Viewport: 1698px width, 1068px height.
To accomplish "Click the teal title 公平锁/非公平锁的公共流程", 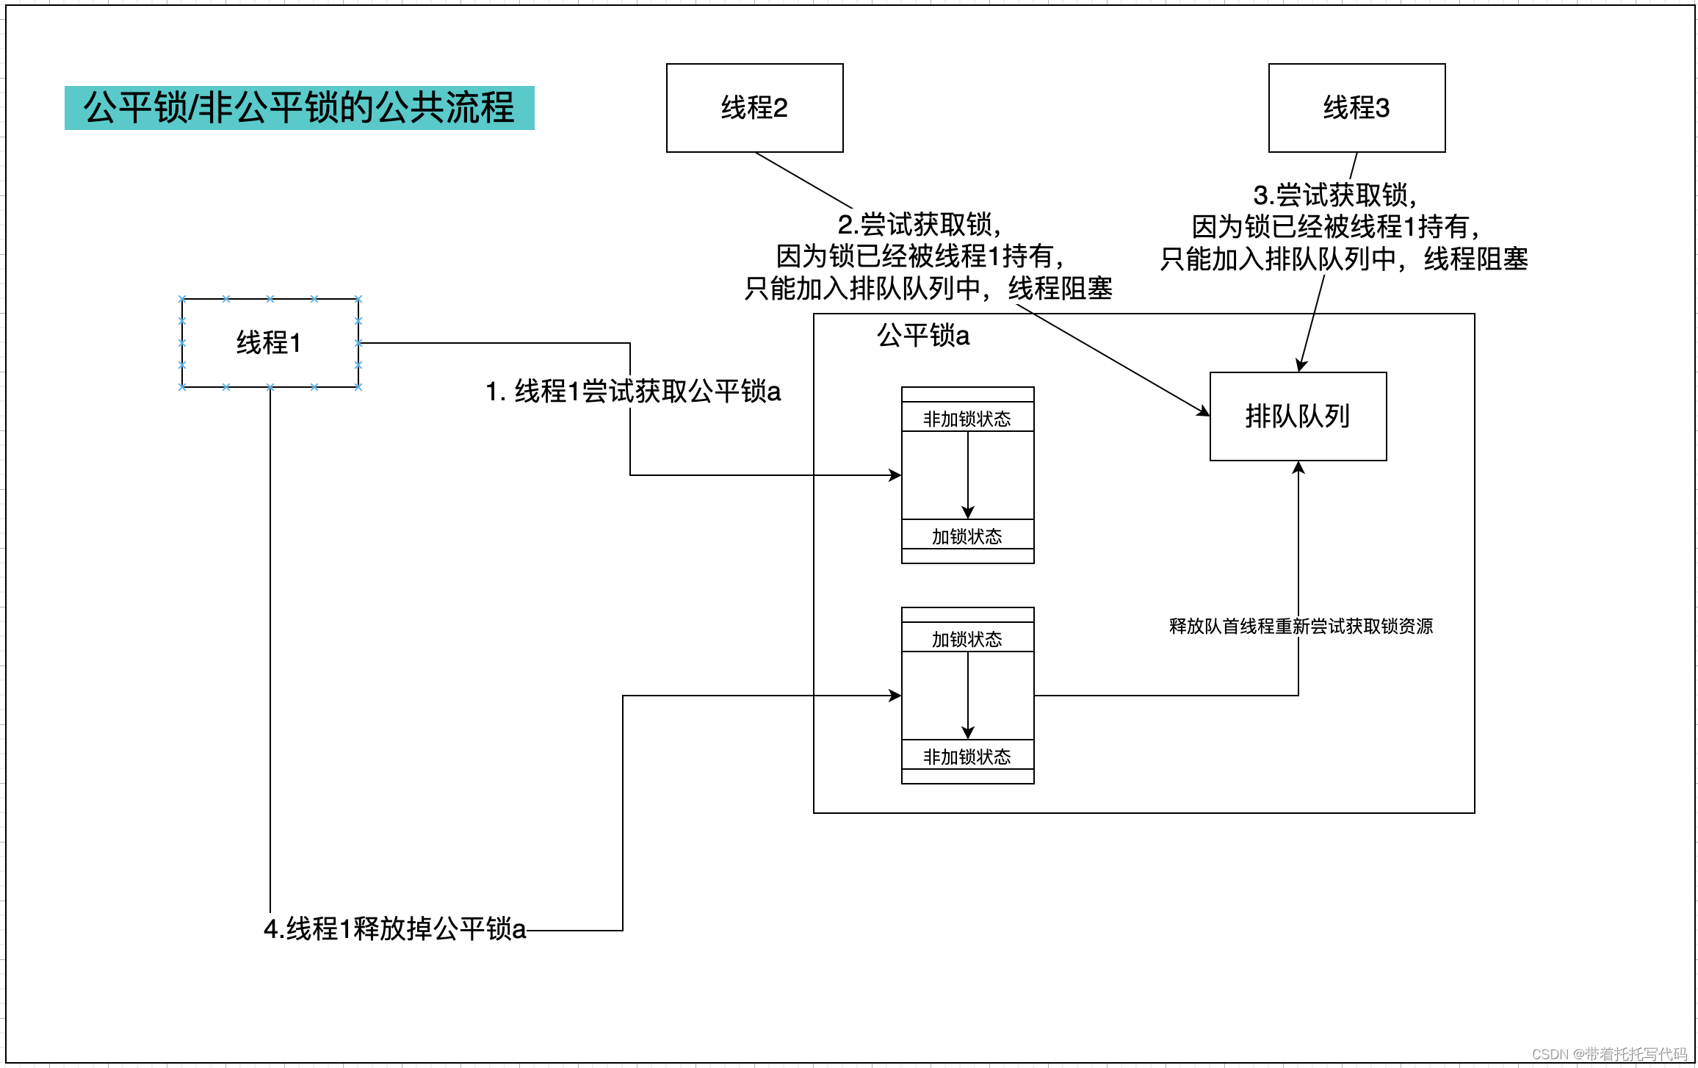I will pyautogui.click(x=299, y=108).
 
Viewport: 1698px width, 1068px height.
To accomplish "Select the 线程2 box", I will pyautogui.click(x=754, y=108).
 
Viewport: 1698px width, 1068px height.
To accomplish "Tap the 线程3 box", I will pyautogui.click(x=1356, y=108).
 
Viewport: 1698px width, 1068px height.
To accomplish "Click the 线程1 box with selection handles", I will pyautogui.click(x=270, y=343).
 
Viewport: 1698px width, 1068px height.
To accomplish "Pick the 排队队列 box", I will pyautogui.click(x=1298, y=416).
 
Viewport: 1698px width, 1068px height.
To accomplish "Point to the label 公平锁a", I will pyautogui.click(x=923, y=336).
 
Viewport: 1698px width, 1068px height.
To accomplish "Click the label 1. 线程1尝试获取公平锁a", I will pyautogui.click(x=632, y=392).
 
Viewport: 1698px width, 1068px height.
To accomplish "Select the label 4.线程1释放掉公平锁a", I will pyautogui.click(x=395, y=929).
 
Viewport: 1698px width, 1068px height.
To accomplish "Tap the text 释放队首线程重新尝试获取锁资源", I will pyautogui.click(x=1301, y=627).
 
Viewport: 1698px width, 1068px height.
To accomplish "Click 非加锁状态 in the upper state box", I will pyautogui.click(x=967, y=419).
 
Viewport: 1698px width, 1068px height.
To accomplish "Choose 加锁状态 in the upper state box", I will pyautogui.click(x=967, y=537).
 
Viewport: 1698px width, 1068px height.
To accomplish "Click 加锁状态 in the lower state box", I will pyautogui.click(x=967, y=640).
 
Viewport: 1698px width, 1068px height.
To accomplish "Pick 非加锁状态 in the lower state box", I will pyautogui.click(x=967, y=757).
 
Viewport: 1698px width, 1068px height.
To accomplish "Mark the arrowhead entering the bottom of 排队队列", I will pyautogui.click(x=1298, y=467).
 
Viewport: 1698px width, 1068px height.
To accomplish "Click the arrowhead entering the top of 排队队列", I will pyautogui.click(x=1301, y=366).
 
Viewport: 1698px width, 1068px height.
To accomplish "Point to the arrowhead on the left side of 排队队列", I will pyautogui.click(x=1204, y=412).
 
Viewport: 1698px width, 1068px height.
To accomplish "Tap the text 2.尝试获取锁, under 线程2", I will pyautogui.click(x=920, y=225).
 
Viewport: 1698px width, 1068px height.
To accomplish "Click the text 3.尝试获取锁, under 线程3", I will pyautogui.click(x=1334, y=195).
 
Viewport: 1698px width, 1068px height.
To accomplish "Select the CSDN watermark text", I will pyautogui.click(x=1609, y=1054).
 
